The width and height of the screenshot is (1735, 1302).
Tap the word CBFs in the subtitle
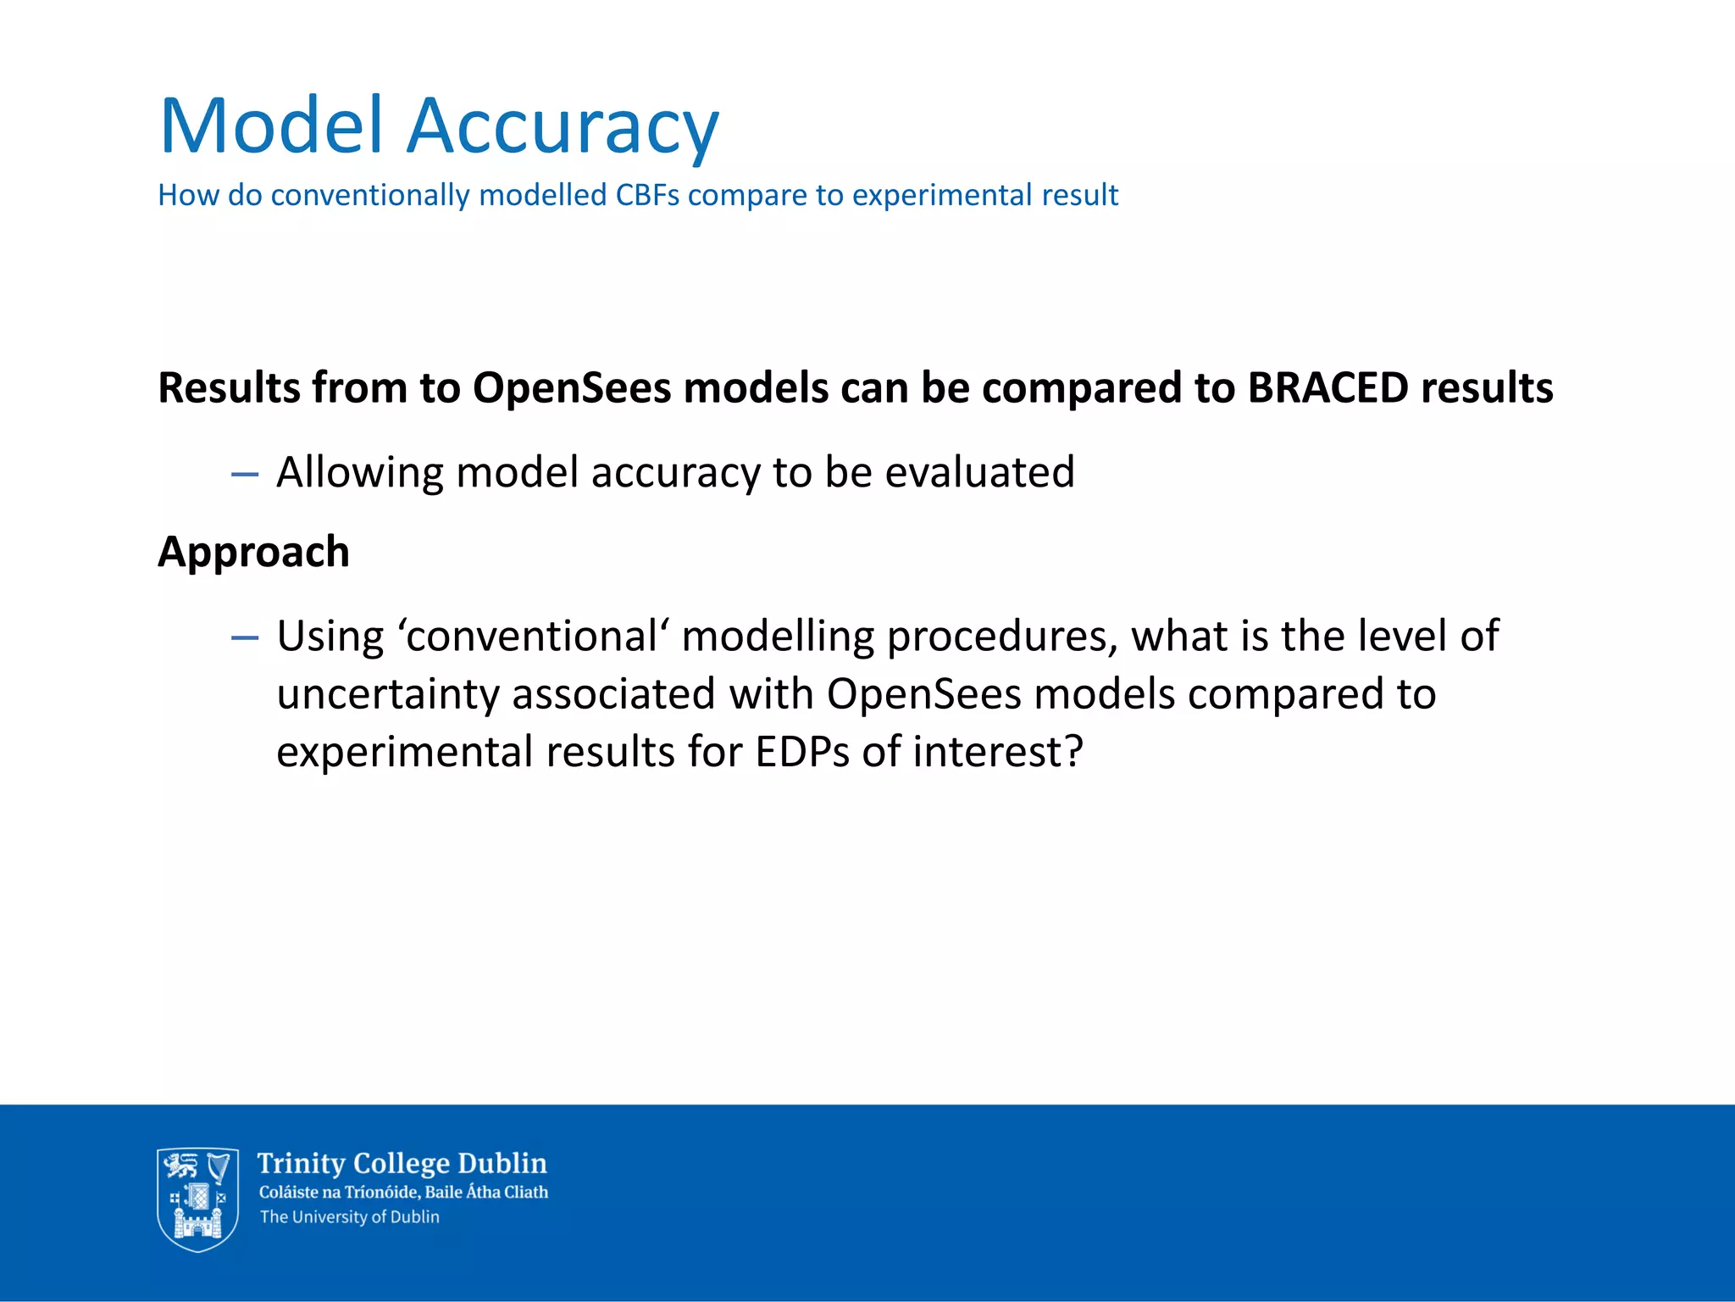click(x=647, y=195)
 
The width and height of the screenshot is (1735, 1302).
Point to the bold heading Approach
click(x=253, y=553)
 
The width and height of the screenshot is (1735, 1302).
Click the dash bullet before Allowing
click(x=245, y=474)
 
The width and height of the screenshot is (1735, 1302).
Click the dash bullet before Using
click(x=245, y=637)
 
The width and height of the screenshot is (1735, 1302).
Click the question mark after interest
click(x=1073, y=751)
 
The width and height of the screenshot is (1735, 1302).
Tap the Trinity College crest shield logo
click(x=197, y=1199)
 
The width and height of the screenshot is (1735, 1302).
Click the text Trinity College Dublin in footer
click(x=402, y=1163)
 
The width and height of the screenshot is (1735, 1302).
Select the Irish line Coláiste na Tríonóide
click(x=403, y=1192)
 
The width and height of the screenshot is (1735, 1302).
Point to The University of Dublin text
click(x=349, y=1217)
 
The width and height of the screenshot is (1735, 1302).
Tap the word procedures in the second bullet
click(x=1002, y=637)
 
